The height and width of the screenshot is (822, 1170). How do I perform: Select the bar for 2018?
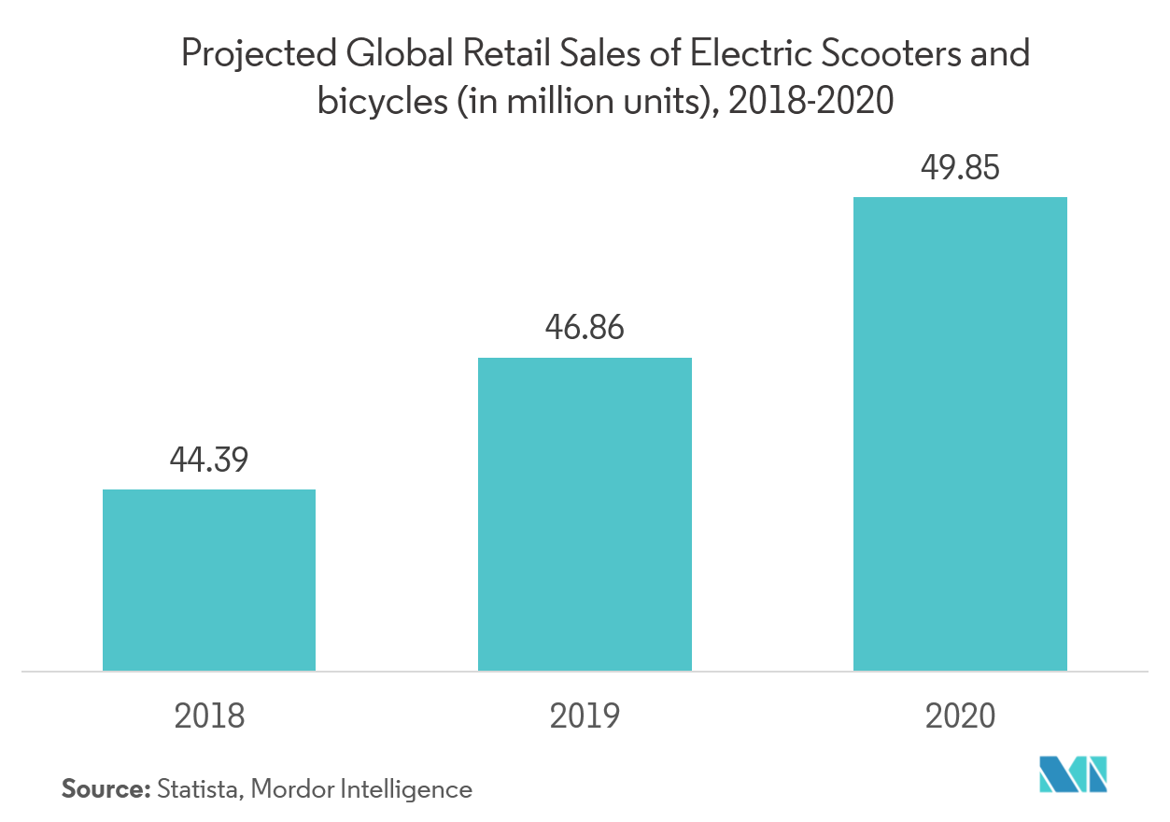coord(209,580)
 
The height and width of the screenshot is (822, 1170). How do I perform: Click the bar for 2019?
coord(585,514)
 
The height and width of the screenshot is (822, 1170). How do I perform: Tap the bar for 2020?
coord(960,433)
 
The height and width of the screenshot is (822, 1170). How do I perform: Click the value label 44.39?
coord(209,460)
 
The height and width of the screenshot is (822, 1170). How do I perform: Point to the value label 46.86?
coord(585,328)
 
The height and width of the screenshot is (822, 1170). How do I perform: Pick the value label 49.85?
coord(960,168)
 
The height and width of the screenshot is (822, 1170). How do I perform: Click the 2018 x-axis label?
coord(209,716)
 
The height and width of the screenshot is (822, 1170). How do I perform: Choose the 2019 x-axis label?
coord(585,716)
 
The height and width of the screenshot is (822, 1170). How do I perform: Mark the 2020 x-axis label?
coord(960,716)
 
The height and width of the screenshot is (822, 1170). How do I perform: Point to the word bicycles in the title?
coord(382,101)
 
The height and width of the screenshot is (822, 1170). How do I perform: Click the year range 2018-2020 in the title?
coord(811,101)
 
